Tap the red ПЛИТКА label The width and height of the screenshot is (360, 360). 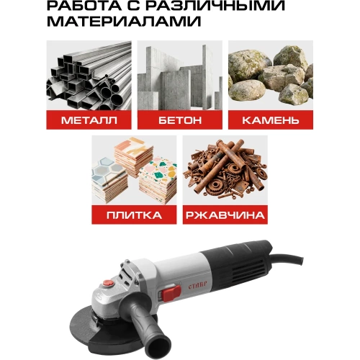134,214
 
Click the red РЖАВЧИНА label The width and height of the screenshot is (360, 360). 225,214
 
